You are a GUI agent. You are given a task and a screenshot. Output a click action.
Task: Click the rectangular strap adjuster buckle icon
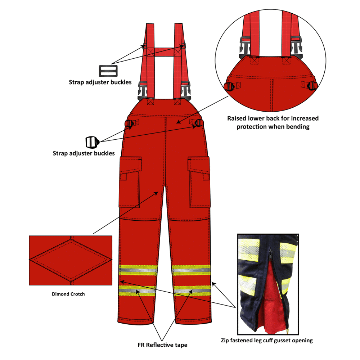tap(108, 71)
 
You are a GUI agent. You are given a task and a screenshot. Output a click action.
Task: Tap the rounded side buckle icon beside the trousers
tap(92, 142)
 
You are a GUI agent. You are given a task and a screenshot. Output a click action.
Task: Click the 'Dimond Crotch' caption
tap(68, 294)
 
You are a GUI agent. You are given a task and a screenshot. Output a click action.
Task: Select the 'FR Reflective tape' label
tap(162, 345)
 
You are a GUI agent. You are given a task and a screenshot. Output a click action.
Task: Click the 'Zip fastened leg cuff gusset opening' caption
tap(267, 340)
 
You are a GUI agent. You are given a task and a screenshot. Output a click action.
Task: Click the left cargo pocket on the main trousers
tap(130, 182)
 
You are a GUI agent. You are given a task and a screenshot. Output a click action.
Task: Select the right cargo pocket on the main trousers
tap(199, 182)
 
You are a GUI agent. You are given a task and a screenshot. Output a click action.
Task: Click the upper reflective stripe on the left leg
tap(138, 270)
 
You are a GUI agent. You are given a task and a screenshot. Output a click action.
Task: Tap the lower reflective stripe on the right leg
tap(192, 291)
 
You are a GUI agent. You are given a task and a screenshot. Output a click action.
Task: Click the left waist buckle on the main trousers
tap(129, 124)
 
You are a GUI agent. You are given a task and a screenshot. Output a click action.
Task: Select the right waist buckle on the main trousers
tap(198, 123)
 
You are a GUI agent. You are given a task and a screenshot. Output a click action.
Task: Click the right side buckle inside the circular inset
tap(312, 86)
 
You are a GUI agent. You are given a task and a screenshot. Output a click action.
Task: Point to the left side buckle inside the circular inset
tap(229, 86)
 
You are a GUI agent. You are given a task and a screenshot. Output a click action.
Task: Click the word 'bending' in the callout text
tap(298, 127)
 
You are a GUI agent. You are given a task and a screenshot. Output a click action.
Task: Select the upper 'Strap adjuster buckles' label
tap(100, 82)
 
